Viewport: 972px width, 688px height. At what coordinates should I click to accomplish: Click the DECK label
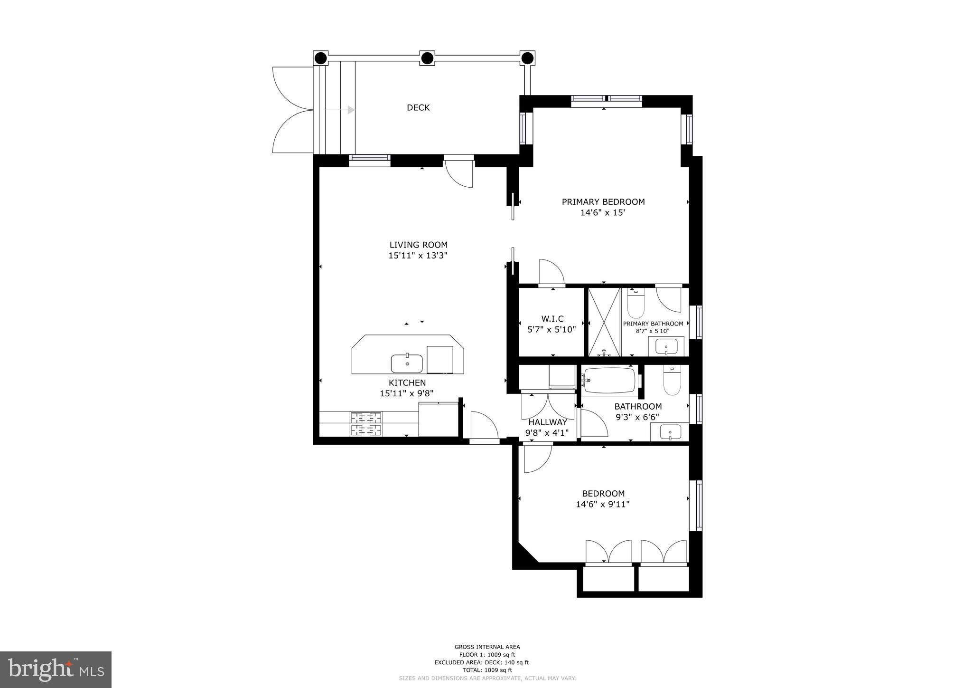pos(418,108)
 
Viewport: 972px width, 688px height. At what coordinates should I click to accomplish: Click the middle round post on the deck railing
pos(427,58)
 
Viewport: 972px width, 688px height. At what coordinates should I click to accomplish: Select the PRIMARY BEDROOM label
pos(603,202)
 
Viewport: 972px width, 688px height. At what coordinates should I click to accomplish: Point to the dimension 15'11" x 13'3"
pos(418,256)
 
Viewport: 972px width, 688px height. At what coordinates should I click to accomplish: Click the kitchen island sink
pos(407,363)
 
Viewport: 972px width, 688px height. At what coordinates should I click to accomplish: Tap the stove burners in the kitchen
pos(366,424)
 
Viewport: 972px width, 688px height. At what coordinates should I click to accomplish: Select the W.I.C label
pos(552,319)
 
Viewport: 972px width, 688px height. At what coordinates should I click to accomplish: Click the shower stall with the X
pos(604,322)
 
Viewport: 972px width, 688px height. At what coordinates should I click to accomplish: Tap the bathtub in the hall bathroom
pos(609,381)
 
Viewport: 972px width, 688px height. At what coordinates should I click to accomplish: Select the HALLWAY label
pos(548,422)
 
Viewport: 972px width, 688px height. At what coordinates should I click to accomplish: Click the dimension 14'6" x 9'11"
pos(603,505)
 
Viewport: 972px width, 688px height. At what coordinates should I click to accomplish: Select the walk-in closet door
pos(551,273)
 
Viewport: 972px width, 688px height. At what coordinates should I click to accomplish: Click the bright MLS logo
pos(56,669)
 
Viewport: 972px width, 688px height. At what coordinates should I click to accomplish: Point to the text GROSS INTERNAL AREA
pos(487,647)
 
